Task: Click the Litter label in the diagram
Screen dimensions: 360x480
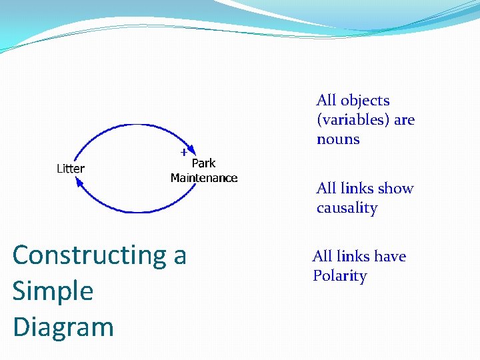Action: (x=70, y=169)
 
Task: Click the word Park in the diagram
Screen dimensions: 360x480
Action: (x=203, y=163)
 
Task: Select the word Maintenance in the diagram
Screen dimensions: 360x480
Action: (x=204, y=178)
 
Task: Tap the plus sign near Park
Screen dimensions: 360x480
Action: (x=183, y=152)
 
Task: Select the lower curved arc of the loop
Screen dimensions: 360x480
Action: (x=133, y=211)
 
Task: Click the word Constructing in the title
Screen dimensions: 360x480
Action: (x=89, y=255)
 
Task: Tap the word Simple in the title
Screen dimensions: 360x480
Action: (x=53, y=291)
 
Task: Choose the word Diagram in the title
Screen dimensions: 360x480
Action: (x=63, y=327)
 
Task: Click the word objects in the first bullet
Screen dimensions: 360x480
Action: (x=365, y=101)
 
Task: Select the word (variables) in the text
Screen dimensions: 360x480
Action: (x=353, y=120)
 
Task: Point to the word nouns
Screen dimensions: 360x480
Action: (x=338, y=139)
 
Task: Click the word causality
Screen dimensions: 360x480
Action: (x=347, y=208)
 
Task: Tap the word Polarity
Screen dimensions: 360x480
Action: (x=339, y=276)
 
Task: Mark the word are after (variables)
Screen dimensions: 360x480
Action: (x=404, y=120)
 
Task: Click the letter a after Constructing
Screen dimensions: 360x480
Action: (x=180, y=255)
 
